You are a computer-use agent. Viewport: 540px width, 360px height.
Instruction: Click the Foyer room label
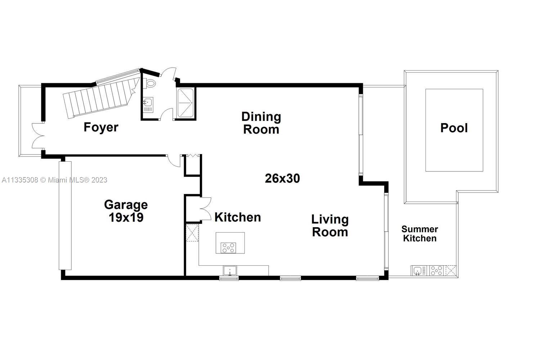[x=101, y=127]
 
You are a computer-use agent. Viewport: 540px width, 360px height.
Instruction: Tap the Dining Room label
[x=261, y=123]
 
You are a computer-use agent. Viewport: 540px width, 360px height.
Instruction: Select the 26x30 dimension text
[x=282, y=179]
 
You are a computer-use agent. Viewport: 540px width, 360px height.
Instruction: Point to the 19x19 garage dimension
[x=126, y=217]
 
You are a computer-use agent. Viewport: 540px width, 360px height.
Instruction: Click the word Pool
[x=454, y=128]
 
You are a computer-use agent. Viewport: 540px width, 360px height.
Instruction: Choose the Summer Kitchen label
[x=420, y=234]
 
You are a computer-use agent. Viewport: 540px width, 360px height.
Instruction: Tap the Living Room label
[x=330, y=226]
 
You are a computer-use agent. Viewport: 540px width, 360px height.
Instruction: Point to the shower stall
[x=185, y=103]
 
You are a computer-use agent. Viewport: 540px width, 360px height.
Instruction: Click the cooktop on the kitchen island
[x=228, y=248]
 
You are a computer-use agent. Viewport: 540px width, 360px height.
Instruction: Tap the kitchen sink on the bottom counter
[x=230, y=271]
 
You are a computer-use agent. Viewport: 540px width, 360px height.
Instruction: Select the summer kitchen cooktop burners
[x=437, y=271]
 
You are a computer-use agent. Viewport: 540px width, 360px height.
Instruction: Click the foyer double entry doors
[x=38, y=136]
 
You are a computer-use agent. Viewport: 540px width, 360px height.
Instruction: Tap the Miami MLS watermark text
[x=54, y=180]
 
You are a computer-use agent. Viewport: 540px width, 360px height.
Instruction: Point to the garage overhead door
[x=65, y=216]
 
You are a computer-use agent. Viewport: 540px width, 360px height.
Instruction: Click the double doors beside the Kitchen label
[x=206, y=208]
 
